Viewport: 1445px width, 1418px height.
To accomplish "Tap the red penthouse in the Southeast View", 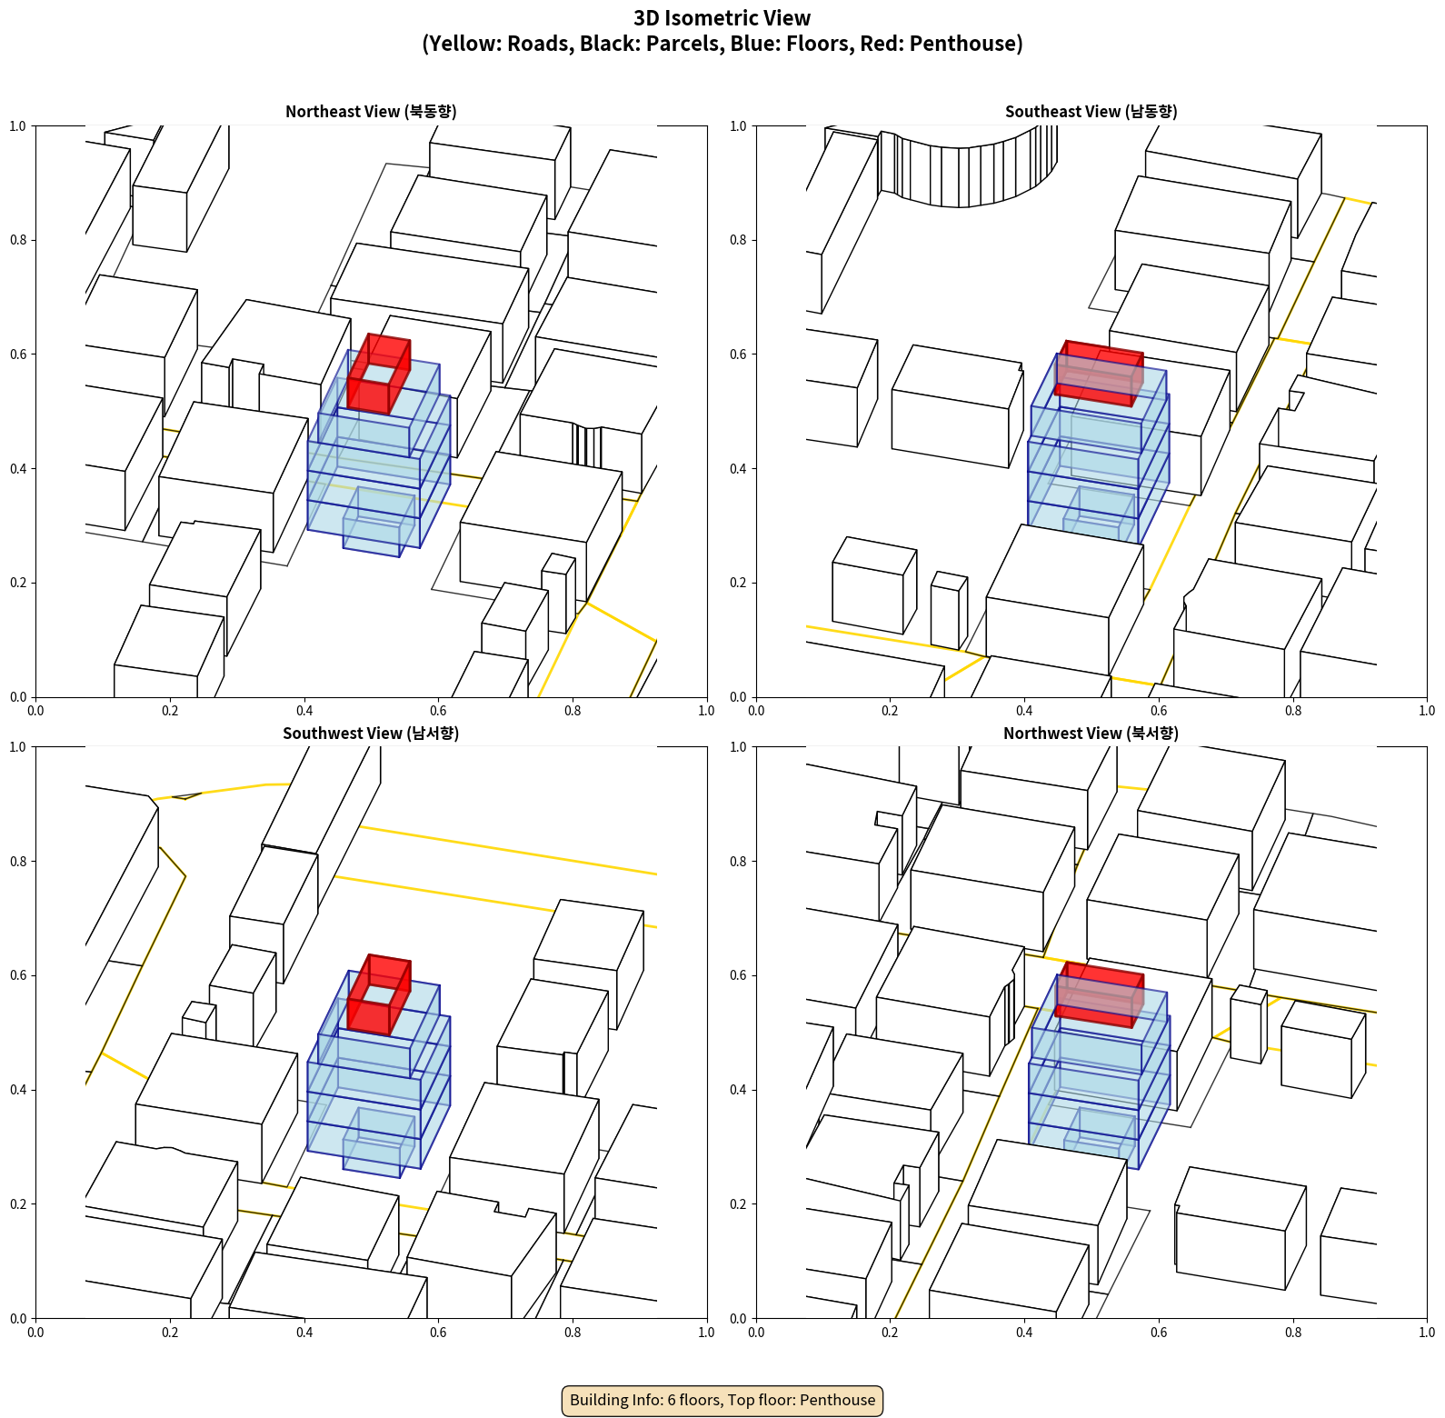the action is coord(1099,374).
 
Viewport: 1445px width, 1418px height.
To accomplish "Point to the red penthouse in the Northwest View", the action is coord(1099,995).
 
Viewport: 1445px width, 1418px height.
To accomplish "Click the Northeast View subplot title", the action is coord(371,111).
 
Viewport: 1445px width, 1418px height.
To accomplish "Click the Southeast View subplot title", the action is coord(1091,111).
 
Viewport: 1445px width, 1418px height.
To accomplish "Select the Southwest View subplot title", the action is coord(371,733).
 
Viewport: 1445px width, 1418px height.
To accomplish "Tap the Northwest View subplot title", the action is coord(1091,733).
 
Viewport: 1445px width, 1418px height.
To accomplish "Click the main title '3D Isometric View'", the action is coord(722,18).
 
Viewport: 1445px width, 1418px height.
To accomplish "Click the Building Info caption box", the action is coord(722,1400).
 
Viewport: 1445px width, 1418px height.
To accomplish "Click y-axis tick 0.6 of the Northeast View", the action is coord(18,354).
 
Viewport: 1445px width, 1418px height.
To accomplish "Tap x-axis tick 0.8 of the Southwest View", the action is coord(573,1333).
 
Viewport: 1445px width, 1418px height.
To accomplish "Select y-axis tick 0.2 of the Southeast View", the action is coord(738,583).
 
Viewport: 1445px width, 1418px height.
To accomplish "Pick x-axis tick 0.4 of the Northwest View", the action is coord(1024,1333).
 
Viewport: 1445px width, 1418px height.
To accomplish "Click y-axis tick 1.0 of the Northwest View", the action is coord(738,747).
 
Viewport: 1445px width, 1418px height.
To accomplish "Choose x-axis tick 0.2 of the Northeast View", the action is coord(170,711).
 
